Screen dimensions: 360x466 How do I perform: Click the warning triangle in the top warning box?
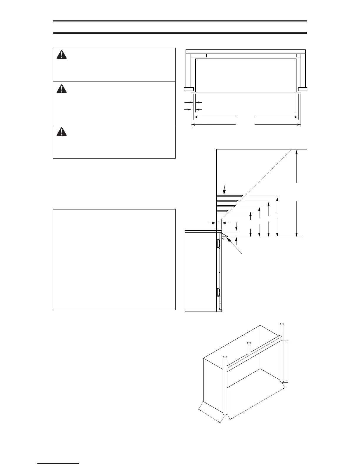(61, 55)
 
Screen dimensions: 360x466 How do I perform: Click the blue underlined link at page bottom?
(58, 464)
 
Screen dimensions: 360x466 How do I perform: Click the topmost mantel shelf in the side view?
(229, 196)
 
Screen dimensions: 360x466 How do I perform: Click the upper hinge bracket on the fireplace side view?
(218, 243)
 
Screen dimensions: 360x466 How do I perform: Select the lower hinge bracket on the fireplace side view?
(218, 292)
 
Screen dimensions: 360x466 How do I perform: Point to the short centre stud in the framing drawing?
(249, 348)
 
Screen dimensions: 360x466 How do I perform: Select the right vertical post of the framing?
(282, 353)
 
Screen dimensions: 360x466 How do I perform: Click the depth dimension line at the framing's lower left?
(209, 413)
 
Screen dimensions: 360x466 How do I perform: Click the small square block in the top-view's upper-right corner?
(299, 55)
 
